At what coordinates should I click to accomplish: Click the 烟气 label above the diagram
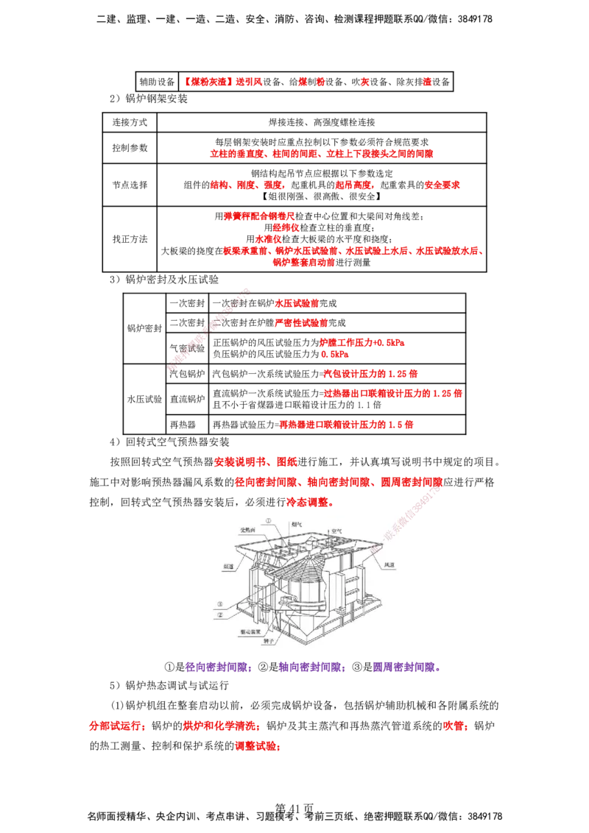coord(296,525)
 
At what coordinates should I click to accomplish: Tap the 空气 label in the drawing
coord(338,530)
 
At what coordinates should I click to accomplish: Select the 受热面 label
coord(247,529)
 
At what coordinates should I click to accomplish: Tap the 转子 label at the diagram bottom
coord(269,642)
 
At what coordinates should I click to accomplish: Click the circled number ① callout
coord(269,520)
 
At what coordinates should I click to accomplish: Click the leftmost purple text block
coord(219,668)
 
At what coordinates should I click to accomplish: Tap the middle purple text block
coord(312,668)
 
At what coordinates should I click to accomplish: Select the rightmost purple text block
coord(406,668)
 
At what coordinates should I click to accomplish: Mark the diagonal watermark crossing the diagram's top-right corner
coord(416,508)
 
